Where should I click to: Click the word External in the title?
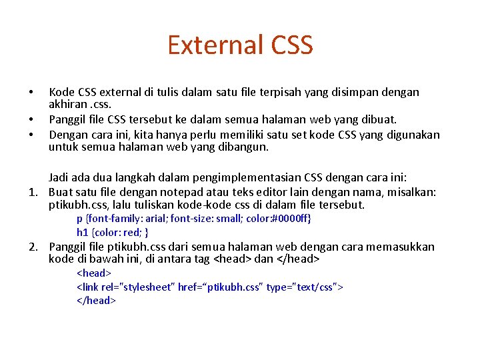(x=206, y=45)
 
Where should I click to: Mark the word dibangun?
(x=245, y=147)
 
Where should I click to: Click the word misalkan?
(x=411, y=192)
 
